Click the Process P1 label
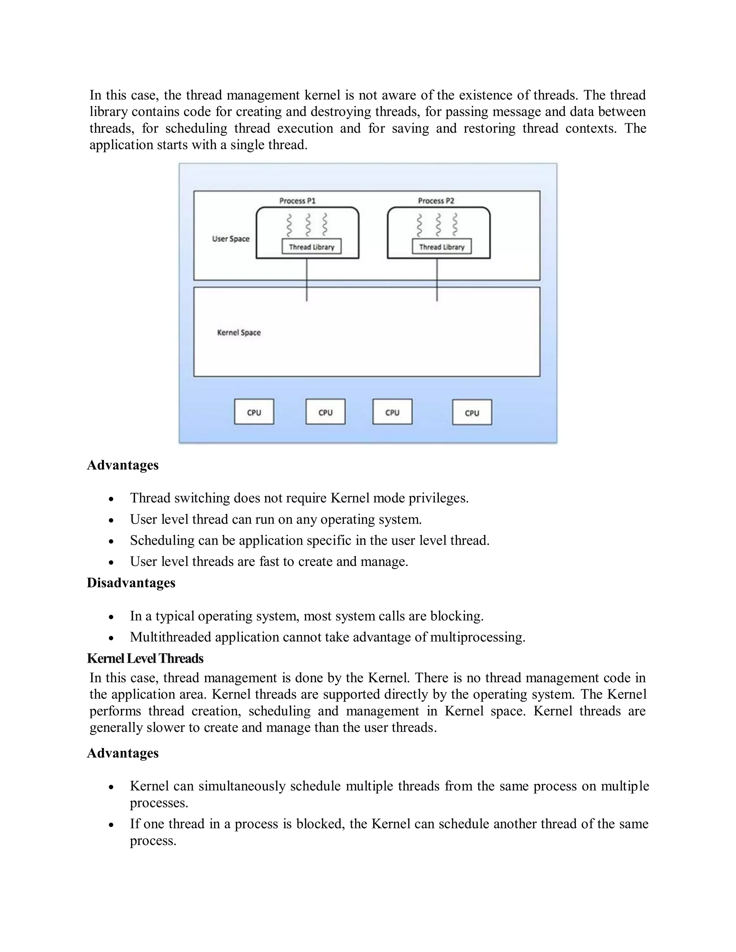click(x=297, y=200)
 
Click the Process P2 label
click(x=436, y=200)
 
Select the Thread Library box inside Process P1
click(x=311, y=247)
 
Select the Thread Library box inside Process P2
click(x=441, y=247)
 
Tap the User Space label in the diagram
click(x=231, y=239)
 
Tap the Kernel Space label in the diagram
click(x=239, y=333)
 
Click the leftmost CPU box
click(x=254, y=412)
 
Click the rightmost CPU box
click(x=472, y=412)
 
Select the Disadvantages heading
click(x=131, y=583)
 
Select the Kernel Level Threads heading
click(x=145, y=658)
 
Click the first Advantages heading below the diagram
click(x=123, y=465)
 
